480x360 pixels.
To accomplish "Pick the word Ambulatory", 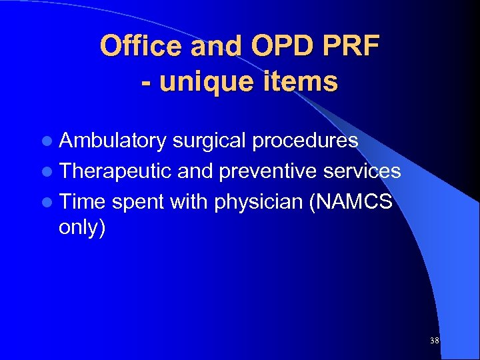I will click(113, 141).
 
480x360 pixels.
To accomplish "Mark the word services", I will click(361, 172).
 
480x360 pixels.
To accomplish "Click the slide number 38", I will click(435, 341).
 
